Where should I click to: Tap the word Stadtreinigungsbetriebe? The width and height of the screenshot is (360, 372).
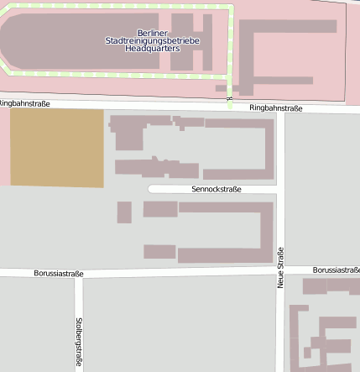[153, 40]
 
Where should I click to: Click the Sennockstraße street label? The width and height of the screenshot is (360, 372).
[217, 190]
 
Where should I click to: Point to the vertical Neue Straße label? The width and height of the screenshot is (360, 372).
[280, 267]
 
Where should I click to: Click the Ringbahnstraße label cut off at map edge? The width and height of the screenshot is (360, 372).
[25, 103]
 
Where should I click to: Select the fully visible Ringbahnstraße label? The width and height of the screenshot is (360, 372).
[275, 108]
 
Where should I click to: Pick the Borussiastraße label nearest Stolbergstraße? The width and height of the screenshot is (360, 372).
[59, 274]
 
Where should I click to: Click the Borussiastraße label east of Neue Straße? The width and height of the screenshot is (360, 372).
[336, 270]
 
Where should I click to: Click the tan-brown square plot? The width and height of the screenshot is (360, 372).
[56, 148]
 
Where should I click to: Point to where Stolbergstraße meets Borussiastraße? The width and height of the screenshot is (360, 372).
[79, 275]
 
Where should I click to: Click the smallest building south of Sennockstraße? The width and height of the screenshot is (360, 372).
[124, 212]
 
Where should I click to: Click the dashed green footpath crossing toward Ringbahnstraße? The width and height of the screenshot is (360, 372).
[229, 91]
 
